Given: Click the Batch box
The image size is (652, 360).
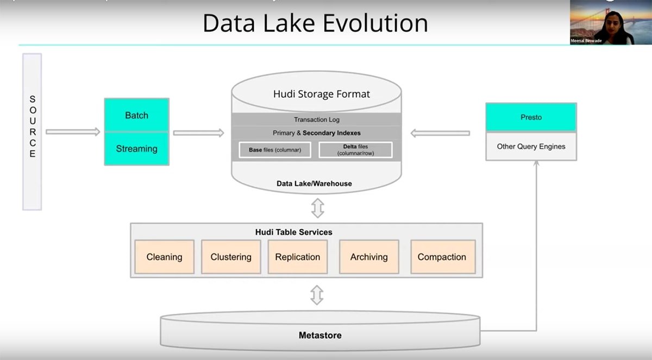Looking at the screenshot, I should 136,115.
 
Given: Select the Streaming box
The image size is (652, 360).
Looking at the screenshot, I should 136,148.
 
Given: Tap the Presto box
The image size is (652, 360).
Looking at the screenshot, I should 531,117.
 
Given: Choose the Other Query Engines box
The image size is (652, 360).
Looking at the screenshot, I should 531,146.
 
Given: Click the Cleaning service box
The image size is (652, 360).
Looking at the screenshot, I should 164,257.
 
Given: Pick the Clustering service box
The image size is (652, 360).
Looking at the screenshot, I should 231,257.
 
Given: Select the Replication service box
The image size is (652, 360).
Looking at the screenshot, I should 298,257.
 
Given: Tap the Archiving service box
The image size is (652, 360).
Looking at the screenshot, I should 369,257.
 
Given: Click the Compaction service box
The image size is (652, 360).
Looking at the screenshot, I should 442,257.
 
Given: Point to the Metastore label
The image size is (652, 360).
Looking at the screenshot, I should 320,335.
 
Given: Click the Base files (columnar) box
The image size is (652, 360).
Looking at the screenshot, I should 275,150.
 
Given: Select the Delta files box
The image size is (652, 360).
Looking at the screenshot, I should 355,150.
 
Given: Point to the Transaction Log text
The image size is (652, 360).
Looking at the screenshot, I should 317,119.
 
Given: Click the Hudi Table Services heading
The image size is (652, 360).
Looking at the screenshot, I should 293,232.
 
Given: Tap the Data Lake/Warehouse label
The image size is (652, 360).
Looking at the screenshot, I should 314,184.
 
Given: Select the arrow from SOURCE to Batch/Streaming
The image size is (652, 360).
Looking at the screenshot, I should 73,131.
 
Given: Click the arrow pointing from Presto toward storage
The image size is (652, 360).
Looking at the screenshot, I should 440,132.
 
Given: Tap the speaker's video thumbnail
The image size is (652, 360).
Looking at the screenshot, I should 601,22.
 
